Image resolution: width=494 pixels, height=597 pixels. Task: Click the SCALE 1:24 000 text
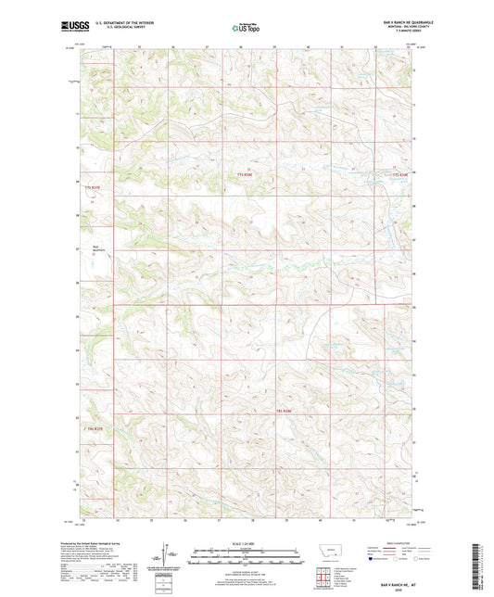[247, 543]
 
